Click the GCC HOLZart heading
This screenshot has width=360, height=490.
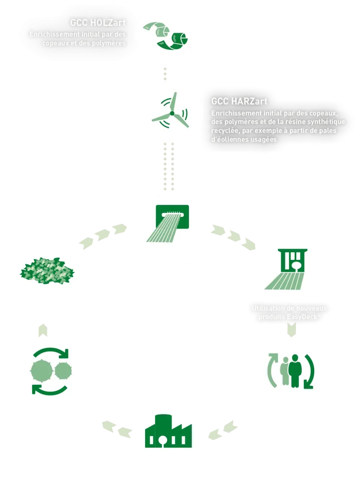pyautogui.click(x=97, y=23)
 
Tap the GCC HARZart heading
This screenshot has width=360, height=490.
pyautogui.click(x=239, y=101)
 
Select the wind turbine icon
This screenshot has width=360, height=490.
pyautogui.click(x=171, y=111)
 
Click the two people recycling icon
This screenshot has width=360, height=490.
pyautogui.click(x=291, y=371)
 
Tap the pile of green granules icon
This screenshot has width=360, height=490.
pyautogui.click(x=47, y=271)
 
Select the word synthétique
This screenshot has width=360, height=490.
pyautogui.click(x=326, y=122)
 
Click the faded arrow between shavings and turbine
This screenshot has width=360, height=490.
pyautogui.click(x=165, y=73)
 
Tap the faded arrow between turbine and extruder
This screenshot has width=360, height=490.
pyautogui.click(x=169, y=167)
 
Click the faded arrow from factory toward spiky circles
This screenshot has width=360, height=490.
pyautogui.click(x=116, y=428)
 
